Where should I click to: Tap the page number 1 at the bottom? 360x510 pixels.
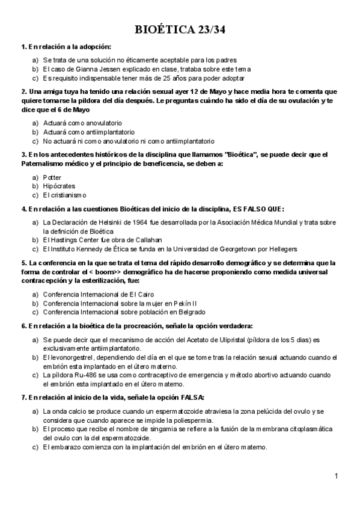coord(337,477)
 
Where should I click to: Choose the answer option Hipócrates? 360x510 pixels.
coord(55,186)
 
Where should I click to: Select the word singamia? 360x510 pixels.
coord(156,429)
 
